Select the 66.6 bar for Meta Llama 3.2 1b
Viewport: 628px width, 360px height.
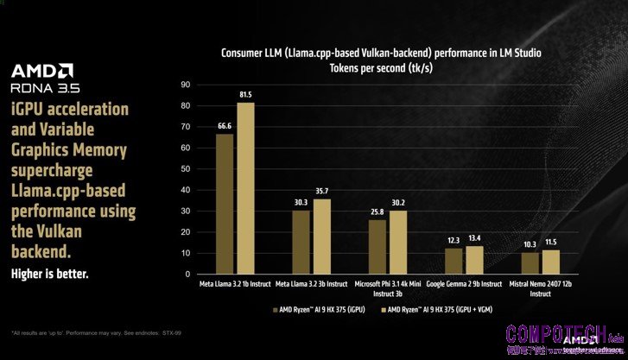tap(225, 204)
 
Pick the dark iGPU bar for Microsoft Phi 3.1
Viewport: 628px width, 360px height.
tap(377, 247)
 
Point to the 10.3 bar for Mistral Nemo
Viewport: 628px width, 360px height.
tap(530, 262)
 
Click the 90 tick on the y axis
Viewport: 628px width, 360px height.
tap(185, 85)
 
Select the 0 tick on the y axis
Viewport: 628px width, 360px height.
tap(187, 275)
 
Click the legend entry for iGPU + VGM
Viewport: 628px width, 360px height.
tap(450, 308)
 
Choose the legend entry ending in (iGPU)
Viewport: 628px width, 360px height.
tap(321, 308)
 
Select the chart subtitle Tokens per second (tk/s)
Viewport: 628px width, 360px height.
tap(379, 67)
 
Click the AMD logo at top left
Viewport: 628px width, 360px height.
tap(41, 70)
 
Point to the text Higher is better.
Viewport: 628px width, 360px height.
tap(49, 274)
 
